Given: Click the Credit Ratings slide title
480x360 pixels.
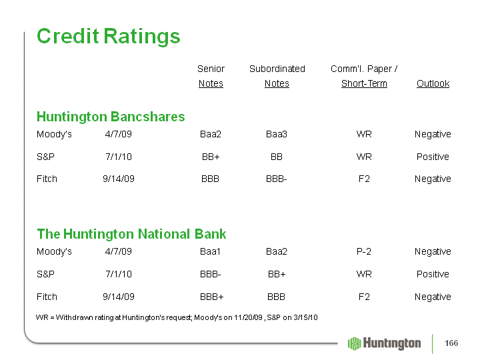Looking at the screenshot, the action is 109,37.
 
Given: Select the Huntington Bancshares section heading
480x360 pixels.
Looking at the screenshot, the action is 111,117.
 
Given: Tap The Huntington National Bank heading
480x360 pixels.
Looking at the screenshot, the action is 131,234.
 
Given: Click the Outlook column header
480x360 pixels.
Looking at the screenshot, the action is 433,83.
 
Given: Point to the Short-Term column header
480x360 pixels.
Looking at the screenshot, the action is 364,83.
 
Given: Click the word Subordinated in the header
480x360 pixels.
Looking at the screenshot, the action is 277,69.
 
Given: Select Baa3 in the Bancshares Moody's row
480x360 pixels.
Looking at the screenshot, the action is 277,135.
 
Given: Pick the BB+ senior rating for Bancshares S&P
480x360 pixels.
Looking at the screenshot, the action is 211,157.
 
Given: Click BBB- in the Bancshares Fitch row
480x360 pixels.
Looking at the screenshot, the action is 277,179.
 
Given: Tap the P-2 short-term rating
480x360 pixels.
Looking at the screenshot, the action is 364,251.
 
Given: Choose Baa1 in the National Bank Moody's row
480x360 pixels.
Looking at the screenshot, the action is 210,251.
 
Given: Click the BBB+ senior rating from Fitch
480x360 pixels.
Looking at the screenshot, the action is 212,297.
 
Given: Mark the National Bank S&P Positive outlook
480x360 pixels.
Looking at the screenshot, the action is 433,274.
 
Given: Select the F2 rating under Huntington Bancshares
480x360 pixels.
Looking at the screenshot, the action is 364,179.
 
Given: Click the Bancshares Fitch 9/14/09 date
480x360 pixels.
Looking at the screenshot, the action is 119,179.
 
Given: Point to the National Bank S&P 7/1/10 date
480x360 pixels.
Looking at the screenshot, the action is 119,274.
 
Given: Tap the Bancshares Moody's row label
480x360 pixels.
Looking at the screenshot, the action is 54,135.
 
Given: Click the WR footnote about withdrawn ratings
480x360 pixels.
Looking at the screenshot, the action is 177,317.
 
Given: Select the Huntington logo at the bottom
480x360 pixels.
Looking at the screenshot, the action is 384,343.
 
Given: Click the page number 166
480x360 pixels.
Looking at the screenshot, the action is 451,343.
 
